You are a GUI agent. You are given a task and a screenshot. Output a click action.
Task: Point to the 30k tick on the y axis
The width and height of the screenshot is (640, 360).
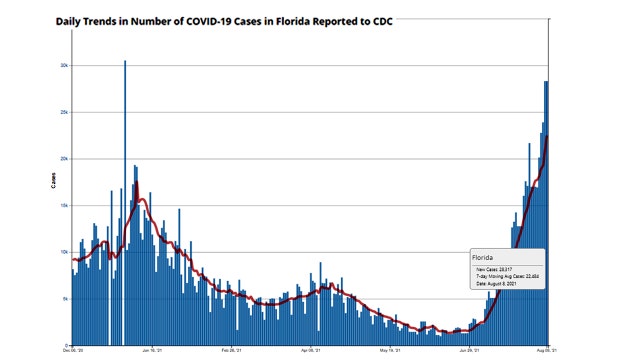pyautogui.click(x=62, y=66)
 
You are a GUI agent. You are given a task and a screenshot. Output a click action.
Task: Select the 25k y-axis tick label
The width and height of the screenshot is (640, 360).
pyautogui.click(x=62, y=112)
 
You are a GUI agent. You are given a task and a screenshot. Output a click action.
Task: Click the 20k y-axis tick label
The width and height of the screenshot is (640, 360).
pyautogui.click(x=62, y=159)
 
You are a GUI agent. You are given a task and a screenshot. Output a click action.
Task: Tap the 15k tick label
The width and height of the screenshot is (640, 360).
pyautogui.click(x=62, y=205)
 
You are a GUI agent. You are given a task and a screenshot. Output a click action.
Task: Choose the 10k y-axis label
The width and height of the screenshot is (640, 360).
pyautogui.click(x=62, y=252)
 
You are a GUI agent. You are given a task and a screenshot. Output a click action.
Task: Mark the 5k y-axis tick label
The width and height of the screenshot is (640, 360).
pyautogui.click(x=63, y=299)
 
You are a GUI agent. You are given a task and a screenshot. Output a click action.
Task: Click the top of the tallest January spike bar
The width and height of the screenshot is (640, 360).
pyautogui.click(x=125, y=62)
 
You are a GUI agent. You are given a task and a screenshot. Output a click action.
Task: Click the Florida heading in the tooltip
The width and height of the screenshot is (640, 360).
pyautogui.click(x=484, y=258)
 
